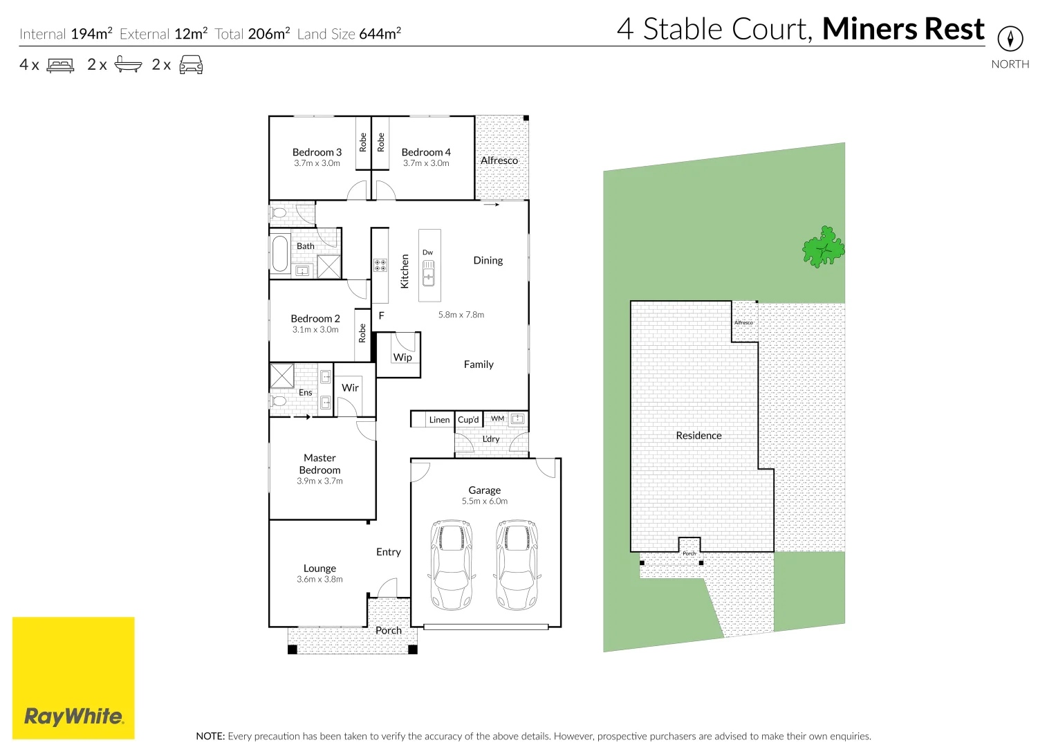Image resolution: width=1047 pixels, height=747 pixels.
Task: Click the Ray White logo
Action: (73, 716)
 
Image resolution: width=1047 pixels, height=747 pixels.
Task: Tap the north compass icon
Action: (1010, 38)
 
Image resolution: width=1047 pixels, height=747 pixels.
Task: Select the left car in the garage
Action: (452, 564)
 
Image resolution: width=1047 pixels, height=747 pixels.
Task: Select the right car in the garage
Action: (517, 564)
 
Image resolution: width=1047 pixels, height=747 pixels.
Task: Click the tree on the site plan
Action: (823, 247)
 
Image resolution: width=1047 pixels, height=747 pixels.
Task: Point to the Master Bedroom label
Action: (319, 463)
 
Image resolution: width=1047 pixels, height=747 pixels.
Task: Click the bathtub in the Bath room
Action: (280, 255)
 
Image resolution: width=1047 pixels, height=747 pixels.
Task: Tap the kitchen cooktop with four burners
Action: (380, 264)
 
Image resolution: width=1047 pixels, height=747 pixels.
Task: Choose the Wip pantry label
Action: (402, 357)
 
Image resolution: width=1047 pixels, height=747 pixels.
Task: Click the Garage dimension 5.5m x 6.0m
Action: (484, 501)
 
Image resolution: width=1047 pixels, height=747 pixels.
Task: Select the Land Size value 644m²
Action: (380, 34)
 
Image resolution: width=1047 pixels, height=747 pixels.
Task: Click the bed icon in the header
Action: (60, 65)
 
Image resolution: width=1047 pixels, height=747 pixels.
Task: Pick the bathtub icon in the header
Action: (128, 65)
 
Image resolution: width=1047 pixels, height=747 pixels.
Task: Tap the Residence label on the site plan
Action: (698, 435)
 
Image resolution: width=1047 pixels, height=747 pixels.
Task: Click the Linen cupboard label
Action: (439, 420)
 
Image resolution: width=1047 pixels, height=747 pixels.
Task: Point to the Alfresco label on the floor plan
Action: (499, 160)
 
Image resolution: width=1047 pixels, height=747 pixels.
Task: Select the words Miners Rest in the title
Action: (903, 29)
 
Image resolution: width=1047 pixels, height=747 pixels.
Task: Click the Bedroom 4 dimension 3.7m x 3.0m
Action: (426, 163)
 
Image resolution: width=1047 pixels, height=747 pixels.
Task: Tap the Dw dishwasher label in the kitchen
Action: (427, 252)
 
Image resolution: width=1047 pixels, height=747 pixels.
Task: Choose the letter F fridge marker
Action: (381, 315)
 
